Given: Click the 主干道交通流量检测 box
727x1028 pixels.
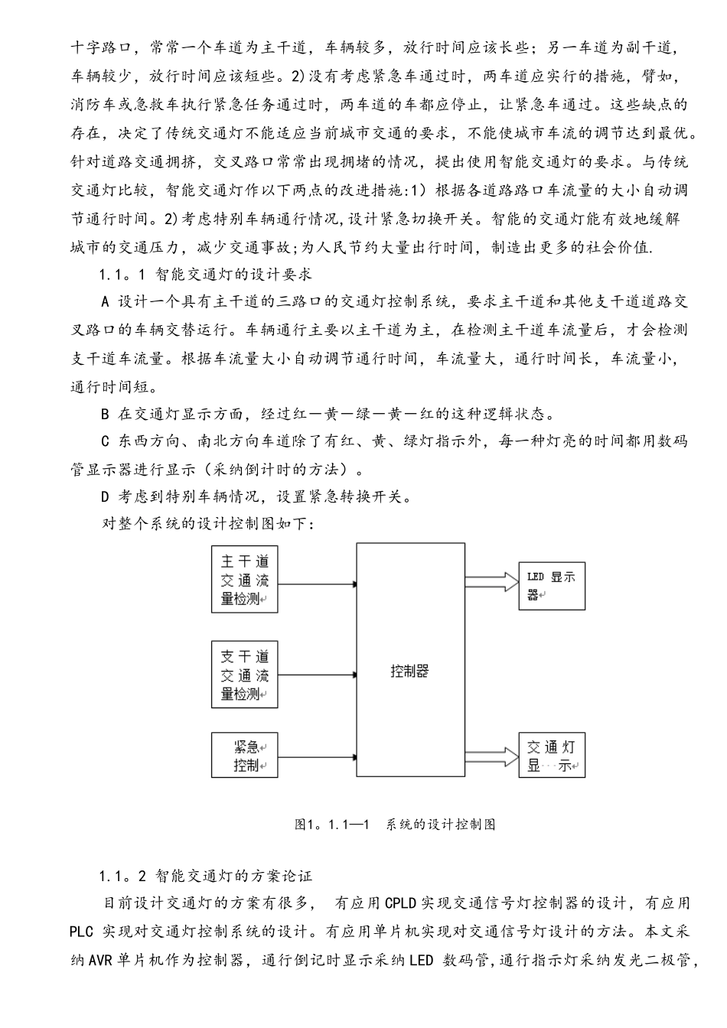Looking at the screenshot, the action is (x=245, y=579).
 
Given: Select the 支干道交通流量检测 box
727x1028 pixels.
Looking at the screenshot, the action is (x=245, y=675).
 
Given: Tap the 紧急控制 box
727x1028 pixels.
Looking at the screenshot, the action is (x=245, y=756).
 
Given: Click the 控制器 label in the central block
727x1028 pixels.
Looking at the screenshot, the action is (x=409, y=671).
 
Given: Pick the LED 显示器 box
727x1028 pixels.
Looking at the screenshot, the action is (x=551, y=585).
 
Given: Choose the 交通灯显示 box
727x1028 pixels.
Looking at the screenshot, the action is (x=551, y=756).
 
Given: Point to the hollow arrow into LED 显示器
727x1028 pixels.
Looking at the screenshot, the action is (x=491, y=581).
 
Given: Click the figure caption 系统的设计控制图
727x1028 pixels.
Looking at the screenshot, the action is (x=441, y=825).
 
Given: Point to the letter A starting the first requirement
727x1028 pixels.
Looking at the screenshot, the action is (x=106, y=301).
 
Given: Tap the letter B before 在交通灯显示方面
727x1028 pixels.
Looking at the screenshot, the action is (x=106, y=415).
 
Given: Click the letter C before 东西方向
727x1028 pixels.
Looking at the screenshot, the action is (x=106, y=441).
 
